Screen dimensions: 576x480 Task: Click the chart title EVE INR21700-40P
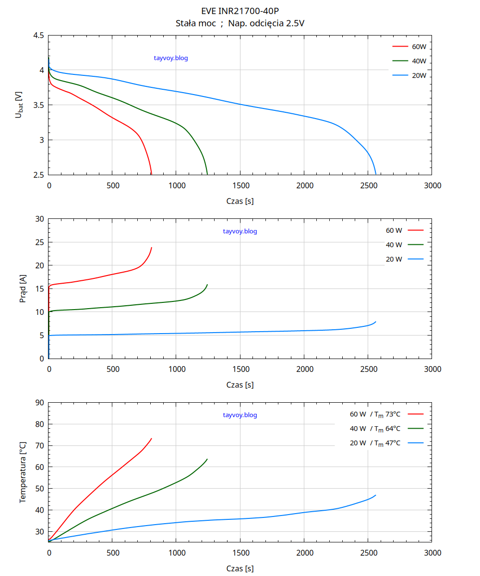click(240, 11)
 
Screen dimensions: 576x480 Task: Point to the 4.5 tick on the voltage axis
click(39, 36)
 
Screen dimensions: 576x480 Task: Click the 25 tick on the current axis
click(39, 242)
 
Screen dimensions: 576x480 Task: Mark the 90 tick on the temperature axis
click(39, 403)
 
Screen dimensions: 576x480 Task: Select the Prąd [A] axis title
click(23, 289)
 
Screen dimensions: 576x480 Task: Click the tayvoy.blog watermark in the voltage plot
click(171, 58)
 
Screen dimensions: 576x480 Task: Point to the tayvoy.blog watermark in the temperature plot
click(240, 415)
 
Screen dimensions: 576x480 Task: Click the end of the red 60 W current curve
click(152, 248)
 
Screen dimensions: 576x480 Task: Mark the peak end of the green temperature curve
click(207, 459)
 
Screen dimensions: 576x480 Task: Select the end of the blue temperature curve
click(376, 495)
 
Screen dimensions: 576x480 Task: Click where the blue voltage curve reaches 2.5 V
click(376, 174)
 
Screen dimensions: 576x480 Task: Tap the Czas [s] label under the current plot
click(240, 385)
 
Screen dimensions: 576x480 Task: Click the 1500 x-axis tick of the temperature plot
click(240, 553)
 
